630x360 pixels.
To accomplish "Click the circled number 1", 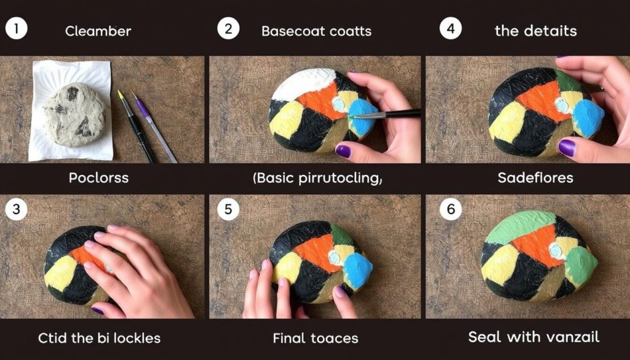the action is pyautogui.click(x=16, y=29).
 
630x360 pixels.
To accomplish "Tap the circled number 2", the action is pyautogui.click(x=228, y=29).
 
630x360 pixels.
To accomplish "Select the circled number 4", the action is pyautogui.click(x=450, y=29).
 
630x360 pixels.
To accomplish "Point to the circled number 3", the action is pyautogui.click(x=16, y=209).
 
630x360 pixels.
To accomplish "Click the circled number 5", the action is pyautogui.click(x=228, y=209).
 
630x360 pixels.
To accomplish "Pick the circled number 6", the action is pyautogui.click(x=450, y=209).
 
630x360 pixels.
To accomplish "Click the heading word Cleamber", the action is pyautogui.click(x=98, y=31).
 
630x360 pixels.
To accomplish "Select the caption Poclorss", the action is pyautogui.click(x=98, y=178).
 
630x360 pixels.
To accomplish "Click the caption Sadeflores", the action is pyautogui.click(x=535, y=178).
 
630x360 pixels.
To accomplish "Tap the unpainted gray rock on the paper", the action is pyautogui.click(x=74, y=114).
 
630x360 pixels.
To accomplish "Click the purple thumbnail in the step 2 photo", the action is pyautogui.click(x=343, y=151).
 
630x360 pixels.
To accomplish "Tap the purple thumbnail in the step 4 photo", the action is pyautogui.click(x=567, y=148).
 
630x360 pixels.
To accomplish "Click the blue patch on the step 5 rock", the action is pyautogui.click(x=358, y=270).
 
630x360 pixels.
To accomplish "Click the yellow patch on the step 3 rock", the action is pyautogui.click(x=60, y=273).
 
